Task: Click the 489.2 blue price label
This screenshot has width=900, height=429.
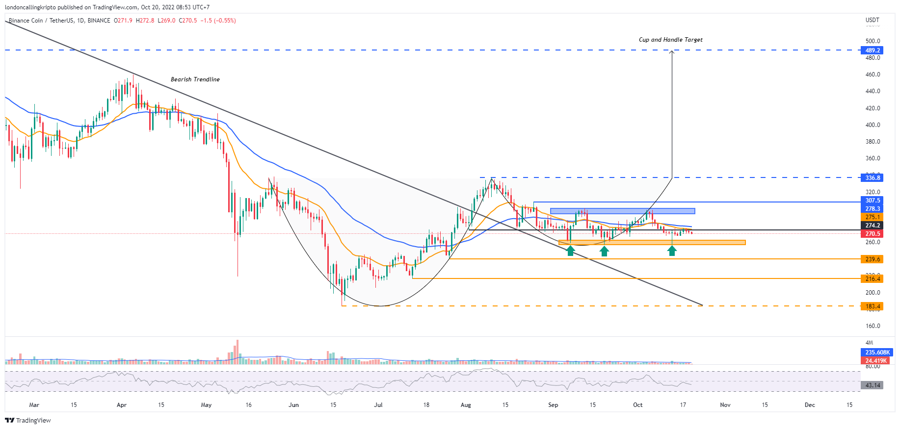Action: click(x=872, y=50)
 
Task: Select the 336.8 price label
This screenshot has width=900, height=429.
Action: click(x=872, y=177)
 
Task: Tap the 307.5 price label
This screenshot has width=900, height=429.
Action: click(x=872, y=201)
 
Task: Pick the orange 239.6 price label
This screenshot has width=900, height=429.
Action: click(x=872, y=259)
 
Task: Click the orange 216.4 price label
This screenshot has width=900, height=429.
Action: click(x=872, y=278)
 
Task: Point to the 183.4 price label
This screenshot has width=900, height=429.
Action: click(x=872, y=306)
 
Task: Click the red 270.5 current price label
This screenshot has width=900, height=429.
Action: click(x=872, y=234)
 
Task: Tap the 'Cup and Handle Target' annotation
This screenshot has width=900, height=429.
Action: click(x=670, y=40)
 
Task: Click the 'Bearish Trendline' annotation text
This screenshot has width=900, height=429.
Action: click(x=195, y=79)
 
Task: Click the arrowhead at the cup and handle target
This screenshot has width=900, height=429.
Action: click(x=672, y=52)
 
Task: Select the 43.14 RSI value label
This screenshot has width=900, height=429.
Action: click(x=872, y=385)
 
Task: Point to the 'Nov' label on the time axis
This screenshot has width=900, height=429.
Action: click(x=725, y=405)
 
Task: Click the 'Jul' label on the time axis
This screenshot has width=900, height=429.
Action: click(x=378, y=405)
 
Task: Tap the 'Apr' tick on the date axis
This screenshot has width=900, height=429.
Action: click(x=122, y=405)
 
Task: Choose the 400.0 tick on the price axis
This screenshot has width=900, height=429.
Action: click(x=873, y=125)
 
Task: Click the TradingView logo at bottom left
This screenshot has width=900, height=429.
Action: click(x=28, y=420)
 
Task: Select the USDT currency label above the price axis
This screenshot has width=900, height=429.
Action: click(x=872, y=20)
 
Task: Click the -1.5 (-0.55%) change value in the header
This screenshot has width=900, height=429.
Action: click(x=217, y=21)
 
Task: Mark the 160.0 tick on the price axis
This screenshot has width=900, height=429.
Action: click(x=873, y=326)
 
